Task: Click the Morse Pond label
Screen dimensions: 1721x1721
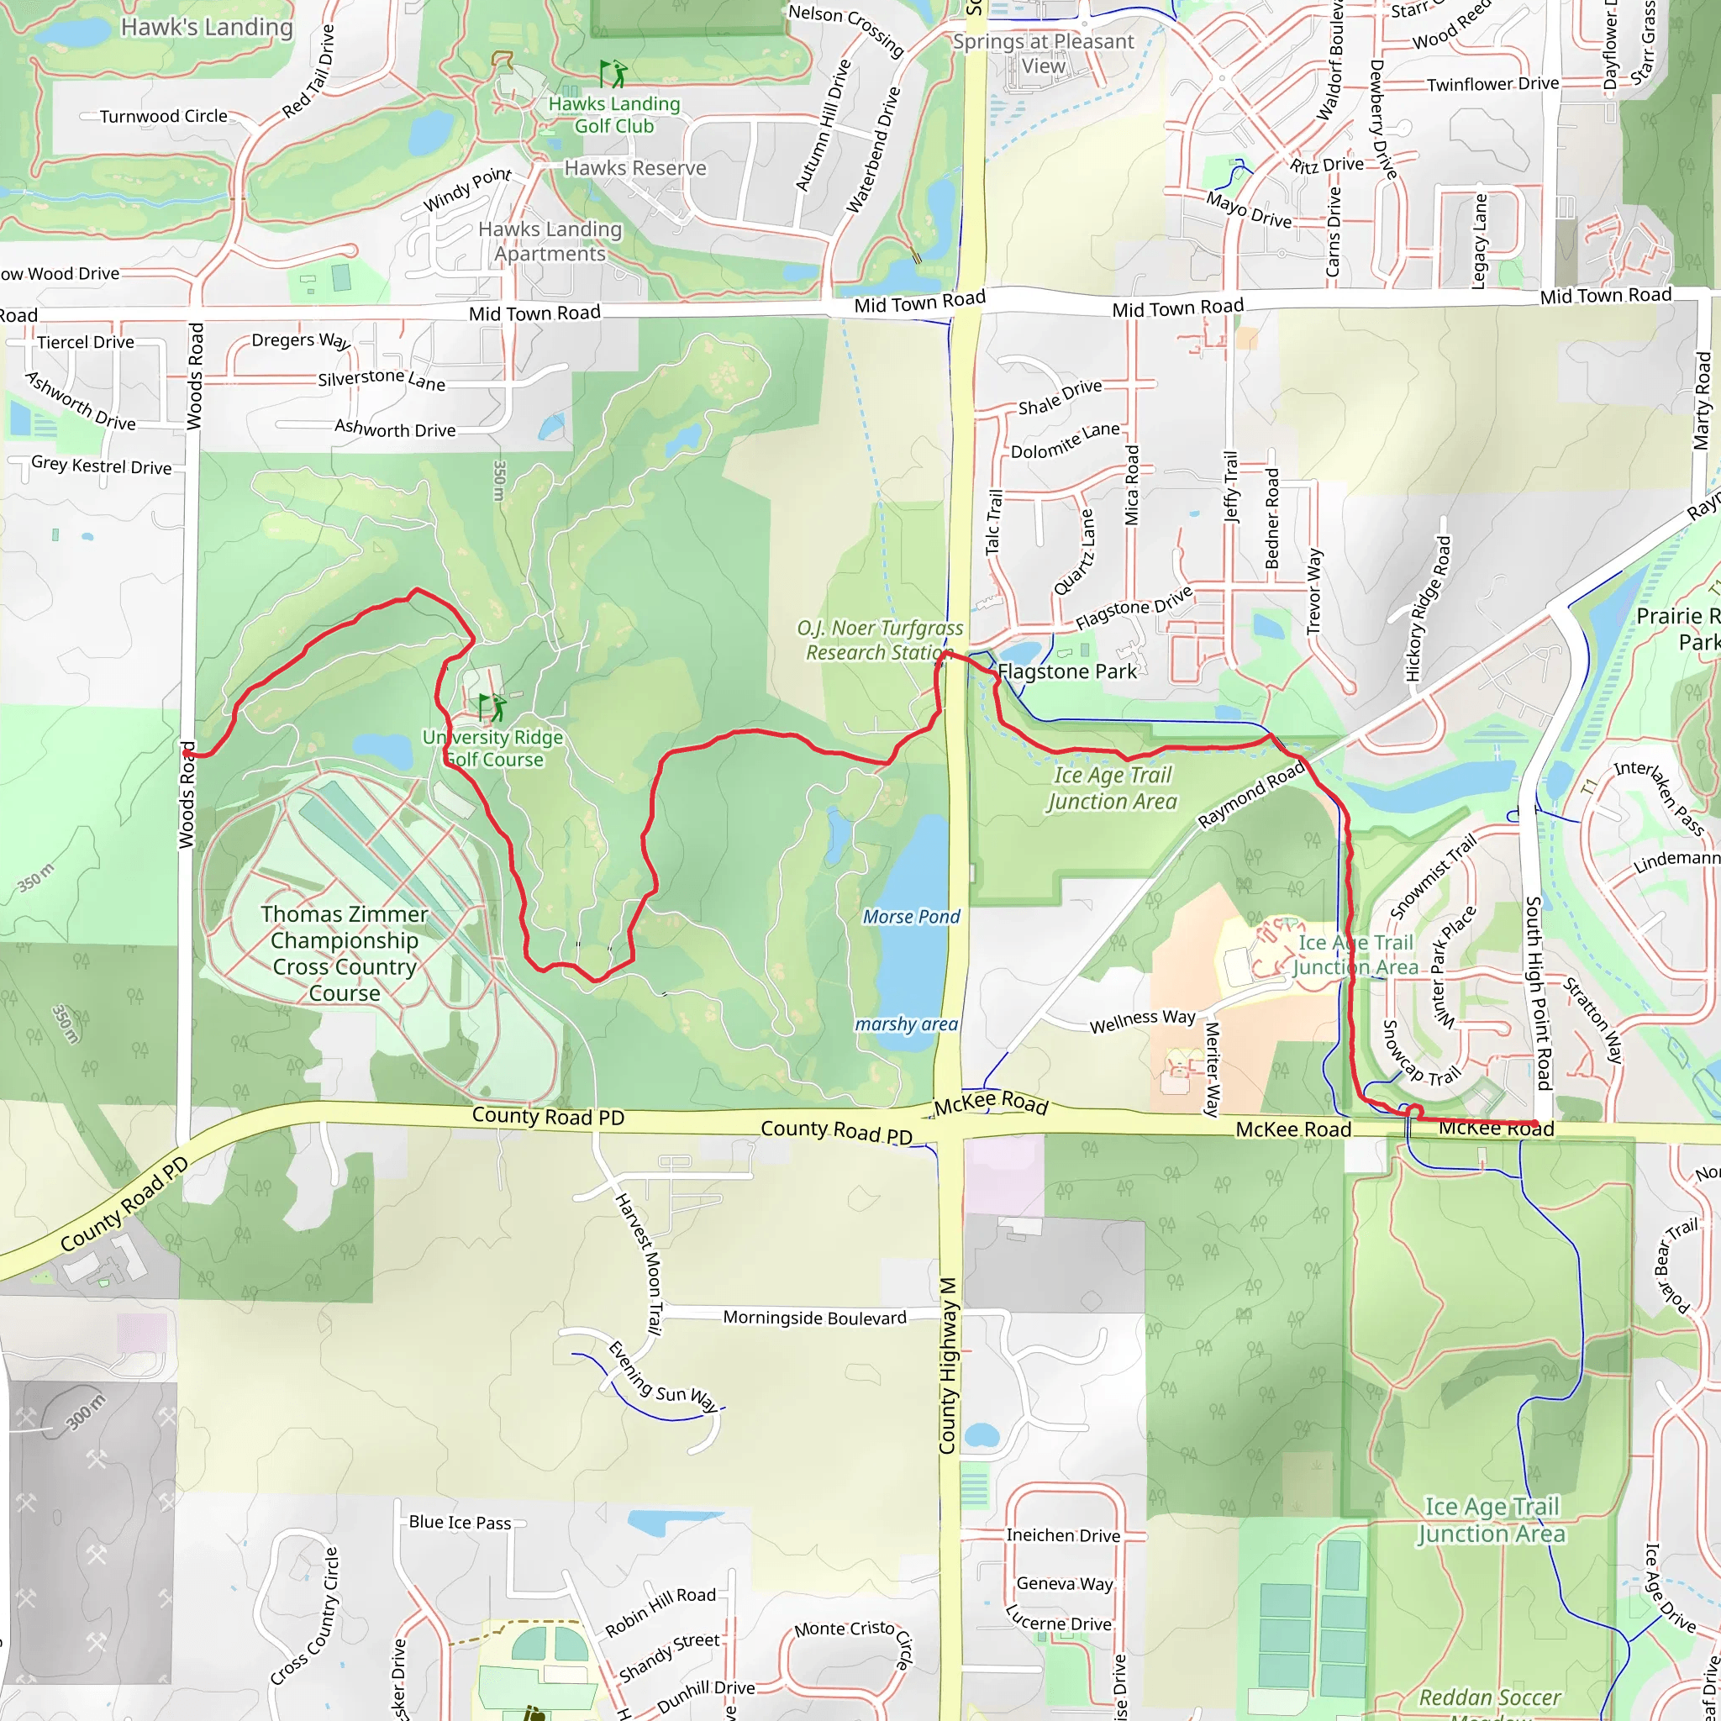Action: click(x=910, y=917)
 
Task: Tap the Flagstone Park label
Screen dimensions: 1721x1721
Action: click(x=1066, y=671)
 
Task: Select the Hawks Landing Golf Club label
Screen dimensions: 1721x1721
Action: click(x=613, y=115)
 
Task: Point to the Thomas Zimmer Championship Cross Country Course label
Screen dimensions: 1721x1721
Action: click(x=345, y=953)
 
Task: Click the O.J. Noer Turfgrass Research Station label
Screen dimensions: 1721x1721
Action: click(x=879, y=640)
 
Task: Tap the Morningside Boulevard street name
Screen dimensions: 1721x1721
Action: click(x=814, y=1318)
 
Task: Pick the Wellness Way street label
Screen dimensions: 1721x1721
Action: click(x=1142, y=1021)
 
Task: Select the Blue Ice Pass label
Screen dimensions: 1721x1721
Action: click(x=460, y=1523)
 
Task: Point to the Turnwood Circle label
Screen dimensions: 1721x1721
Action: click(x=163, y=117)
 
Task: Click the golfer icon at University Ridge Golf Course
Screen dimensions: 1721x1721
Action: click(x=492, y=708)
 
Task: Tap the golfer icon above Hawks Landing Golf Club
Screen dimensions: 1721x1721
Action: click(x=613, y=73)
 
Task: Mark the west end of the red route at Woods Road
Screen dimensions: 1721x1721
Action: click(x=188, y=755)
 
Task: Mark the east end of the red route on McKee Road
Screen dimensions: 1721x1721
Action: click(x=1534, y=1124)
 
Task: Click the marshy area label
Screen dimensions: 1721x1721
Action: click(x=906, y=1024)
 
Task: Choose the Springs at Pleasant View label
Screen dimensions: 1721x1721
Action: click(x=1043, y=54)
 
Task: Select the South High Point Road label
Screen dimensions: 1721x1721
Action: click(x=1539, y=992)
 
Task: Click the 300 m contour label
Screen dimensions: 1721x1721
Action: click(x=85, y=1412)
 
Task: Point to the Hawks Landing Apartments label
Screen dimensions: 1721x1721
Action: click(x=550, y=241)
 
